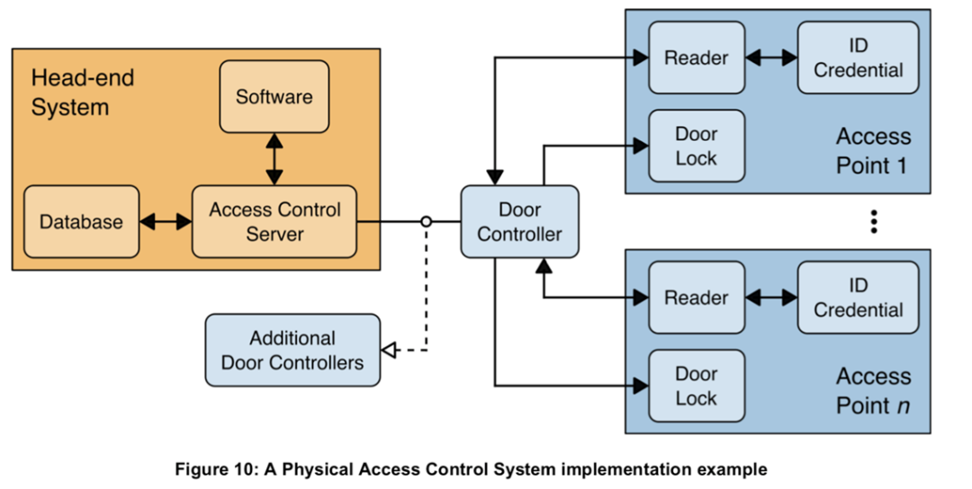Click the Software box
click(274, 96)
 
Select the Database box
click(81, 222)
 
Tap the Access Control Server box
click(274, 222)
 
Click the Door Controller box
click(519, 222)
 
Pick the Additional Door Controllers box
click(292, 351)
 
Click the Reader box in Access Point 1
click(697, 58)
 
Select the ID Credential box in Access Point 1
click(858, 58)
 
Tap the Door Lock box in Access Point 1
click(697, 147)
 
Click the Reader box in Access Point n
click(697, 298)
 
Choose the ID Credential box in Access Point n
click(858, 298)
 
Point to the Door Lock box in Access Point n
click(697, 387)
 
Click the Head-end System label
click(83, 93)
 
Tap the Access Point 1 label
click(873, 151)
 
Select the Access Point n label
click(873, 391)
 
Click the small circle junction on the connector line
click(426, 222)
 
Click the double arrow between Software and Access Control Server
click(274, 159)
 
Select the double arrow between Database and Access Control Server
click(166, 222)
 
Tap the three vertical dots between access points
click(873, 222)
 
